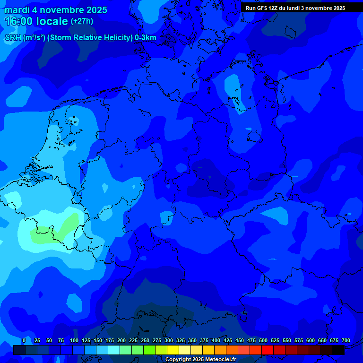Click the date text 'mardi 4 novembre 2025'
(x=56, y=10)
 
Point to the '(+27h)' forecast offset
(x=82, y=21)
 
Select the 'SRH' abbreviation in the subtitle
(x=13, y=38)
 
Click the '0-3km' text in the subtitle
(x=146, y=38)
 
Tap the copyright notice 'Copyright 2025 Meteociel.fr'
(x=200, y=360)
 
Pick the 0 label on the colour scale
(x=24, y=341)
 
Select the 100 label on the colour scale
(x=74, y=341)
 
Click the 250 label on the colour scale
(x=145, y=341)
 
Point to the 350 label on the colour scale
(x=192, y=341)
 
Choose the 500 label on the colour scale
(x=263, y=341)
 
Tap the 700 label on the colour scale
(x=346, y=341)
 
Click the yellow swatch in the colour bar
(x=173, y=350)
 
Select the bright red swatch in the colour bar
(x=268, y=350)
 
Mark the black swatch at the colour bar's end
(x=338, y=350)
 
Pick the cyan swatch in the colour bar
(x=114, y=350)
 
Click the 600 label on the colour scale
(x=311, y=341)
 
